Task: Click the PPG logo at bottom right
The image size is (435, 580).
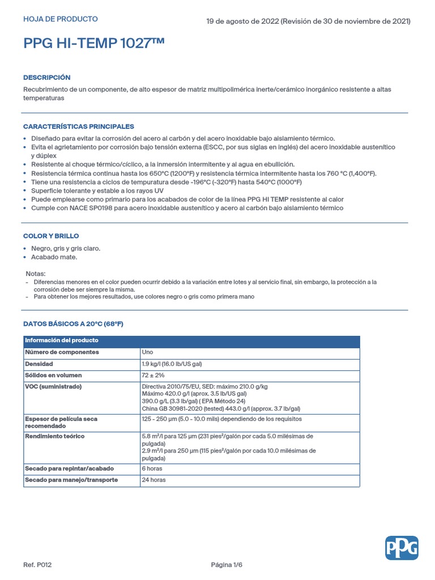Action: point(402,548)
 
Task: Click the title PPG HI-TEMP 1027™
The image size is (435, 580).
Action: point(94,44)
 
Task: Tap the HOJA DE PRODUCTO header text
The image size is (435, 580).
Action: point(60,19)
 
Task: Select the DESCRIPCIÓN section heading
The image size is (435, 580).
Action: point(47,77)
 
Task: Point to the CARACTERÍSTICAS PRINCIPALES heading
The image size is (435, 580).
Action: point(78,126)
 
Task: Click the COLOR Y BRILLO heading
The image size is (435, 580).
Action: point(51,236)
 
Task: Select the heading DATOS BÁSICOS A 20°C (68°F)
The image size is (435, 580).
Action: point(73,324)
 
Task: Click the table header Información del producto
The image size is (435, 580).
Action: point(61,340)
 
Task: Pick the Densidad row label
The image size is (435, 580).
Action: point(39,364)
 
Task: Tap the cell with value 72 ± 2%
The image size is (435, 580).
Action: point(153,376)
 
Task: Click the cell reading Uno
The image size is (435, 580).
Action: point(147,352)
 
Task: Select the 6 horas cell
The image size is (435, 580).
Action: point(152,468)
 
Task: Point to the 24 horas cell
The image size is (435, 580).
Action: point(153,480)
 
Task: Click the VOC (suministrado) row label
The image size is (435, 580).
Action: point(53,386)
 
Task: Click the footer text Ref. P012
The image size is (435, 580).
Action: point(37,565)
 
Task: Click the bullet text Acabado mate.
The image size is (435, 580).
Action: point(54,257)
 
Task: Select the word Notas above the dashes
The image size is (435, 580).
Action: point(36,274)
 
